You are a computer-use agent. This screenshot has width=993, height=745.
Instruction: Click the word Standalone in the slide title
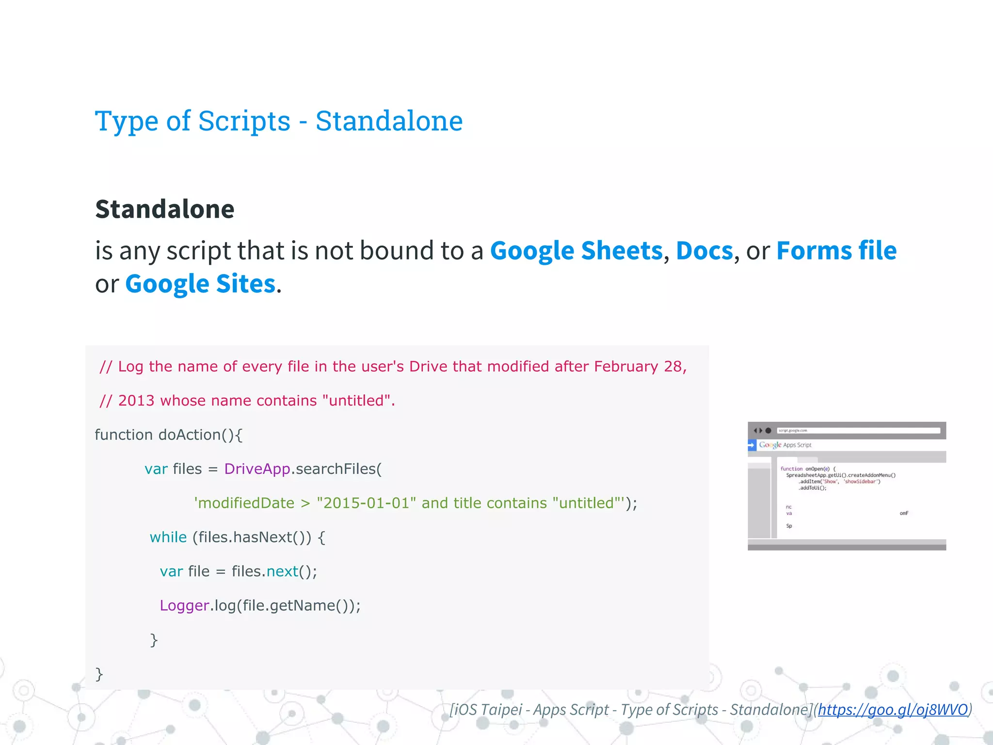click(x=389, y=121)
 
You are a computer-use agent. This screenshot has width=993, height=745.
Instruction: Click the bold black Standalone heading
click(x=165, y=209)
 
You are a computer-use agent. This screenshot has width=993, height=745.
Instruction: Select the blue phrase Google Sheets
click(x=576, y=251)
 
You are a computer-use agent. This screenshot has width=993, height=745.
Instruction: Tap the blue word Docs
click(x=704, y=251)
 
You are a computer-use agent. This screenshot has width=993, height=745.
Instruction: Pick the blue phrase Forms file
click(x=836, y=251)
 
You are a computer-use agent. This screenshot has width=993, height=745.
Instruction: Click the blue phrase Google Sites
click(x=200, y=284)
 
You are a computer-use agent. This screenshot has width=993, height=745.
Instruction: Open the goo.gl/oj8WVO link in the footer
click(x=893, y=710)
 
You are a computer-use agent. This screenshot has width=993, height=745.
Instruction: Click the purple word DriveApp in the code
click(x=257, y=469)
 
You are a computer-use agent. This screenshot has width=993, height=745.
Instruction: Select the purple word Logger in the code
click(x=184, y=605)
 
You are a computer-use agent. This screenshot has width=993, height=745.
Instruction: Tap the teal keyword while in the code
click(x=168, y=537)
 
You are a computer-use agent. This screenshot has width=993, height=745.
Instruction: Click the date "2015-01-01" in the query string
click(x=366, y=503)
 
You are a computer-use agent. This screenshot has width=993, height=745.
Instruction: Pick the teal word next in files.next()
click(x=282, y=571)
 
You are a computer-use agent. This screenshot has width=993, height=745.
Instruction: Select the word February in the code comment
click(x=626, y=367)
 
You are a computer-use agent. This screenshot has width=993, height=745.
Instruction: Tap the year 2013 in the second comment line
click(x=136, y=401)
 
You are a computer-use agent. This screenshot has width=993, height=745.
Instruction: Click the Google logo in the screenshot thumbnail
click(x=770, y=445)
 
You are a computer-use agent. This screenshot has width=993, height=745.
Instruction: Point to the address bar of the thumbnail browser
click(x=858, y=431)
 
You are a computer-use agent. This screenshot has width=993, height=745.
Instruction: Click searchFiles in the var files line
click(x=336, y=469)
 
